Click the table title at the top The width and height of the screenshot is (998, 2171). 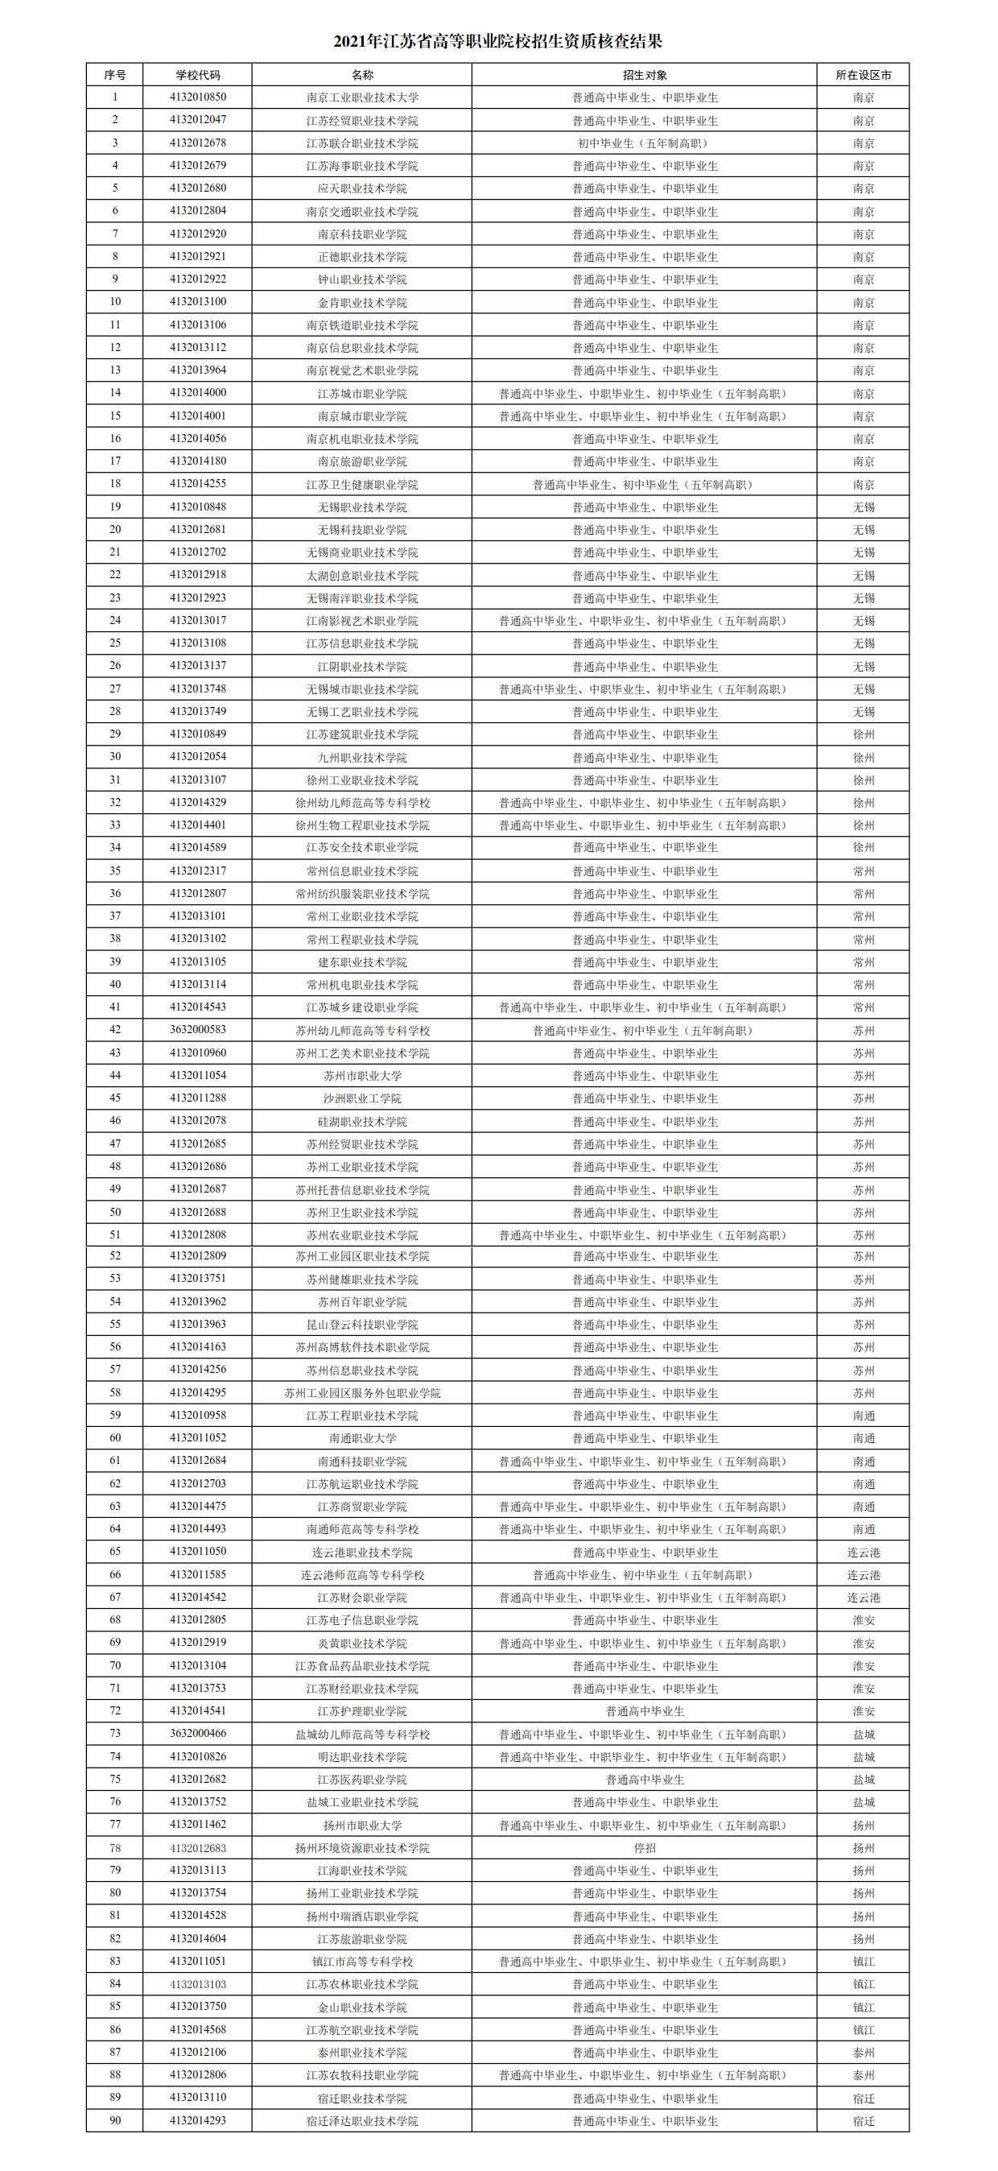497,41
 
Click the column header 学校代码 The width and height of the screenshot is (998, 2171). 197,75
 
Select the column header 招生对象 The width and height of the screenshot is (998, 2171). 645,75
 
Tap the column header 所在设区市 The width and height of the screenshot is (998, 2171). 864,75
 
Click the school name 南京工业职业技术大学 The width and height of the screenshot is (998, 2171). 362,97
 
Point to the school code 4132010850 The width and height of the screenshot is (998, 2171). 197,97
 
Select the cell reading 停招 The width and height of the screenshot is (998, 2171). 645,1848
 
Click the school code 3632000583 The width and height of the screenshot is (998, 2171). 197,1030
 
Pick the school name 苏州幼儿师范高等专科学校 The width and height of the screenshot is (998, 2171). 362,1030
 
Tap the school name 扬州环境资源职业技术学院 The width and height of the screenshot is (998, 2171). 362,1848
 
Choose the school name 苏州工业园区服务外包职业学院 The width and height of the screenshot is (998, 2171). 362,1393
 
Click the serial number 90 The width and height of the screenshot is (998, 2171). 114,2120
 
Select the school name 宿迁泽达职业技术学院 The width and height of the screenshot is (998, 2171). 362,2120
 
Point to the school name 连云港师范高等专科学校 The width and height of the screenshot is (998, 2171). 362,1575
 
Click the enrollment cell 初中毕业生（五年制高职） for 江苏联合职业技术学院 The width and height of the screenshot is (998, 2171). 645,143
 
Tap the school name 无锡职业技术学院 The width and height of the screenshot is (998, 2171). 362,507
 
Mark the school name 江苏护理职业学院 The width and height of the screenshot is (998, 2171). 362,1712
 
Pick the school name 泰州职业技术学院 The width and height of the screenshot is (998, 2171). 362,2052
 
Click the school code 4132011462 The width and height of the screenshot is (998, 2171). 197,1825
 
